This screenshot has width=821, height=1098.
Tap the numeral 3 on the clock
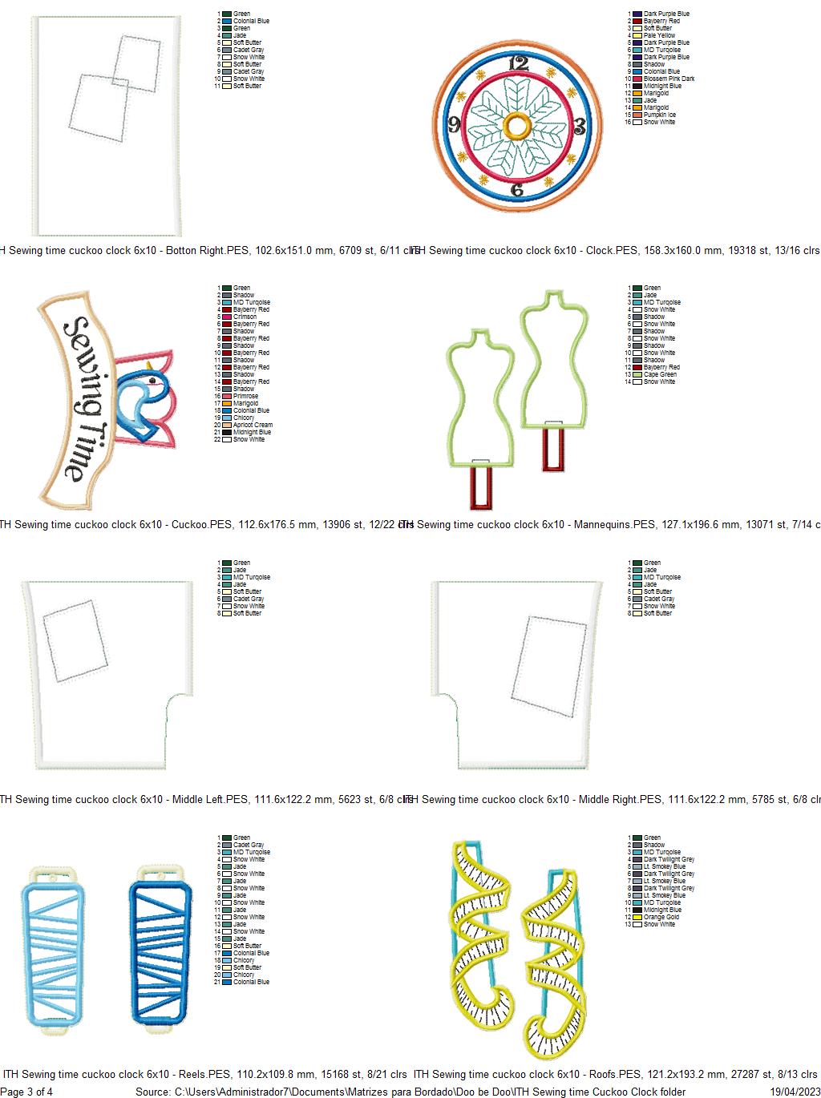click(x=580, y=127)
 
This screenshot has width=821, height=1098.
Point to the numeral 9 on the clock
click(x=455, y=124)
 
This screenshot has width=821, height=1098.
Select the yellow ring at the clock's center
click(x=517, y=126)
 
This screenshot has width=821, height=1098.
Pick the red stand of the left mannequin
click(x=481, y=486)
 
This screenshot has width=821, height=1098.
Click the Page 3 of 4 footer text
click(x=27, y=1092)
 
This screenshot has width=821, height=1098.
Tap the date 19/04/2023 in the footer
click(x=795, y=1092)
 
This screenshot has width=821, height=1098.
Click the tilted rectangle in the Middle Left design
click(x=75, y=640)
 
